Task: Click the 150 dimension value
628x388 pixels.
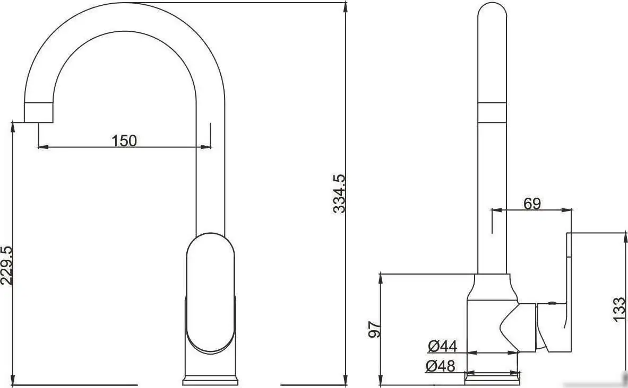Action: pyautogui.click(x=124, y=140)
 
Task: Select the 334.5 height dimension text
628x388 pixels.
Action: pyautogui.click(x=339, y=193)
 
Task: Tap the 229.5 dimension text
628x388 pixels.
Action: pyautogui.click(x=6, y=266)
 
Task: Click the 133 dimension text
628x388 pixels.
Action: pyautogui.click(x=618, y=309)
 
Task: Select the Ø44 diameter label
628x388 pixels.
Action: pyautogui.click(x=442, y=347)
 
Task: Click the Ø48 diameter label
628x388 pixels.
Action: pyautogui.click(x=441, y=366)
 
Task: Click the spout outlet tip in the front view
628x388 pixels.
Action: pyautogui.click(x=39, y=112)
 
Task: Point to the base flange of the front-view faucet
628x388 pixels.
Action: pyautogui.click(x=211, y=381)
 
